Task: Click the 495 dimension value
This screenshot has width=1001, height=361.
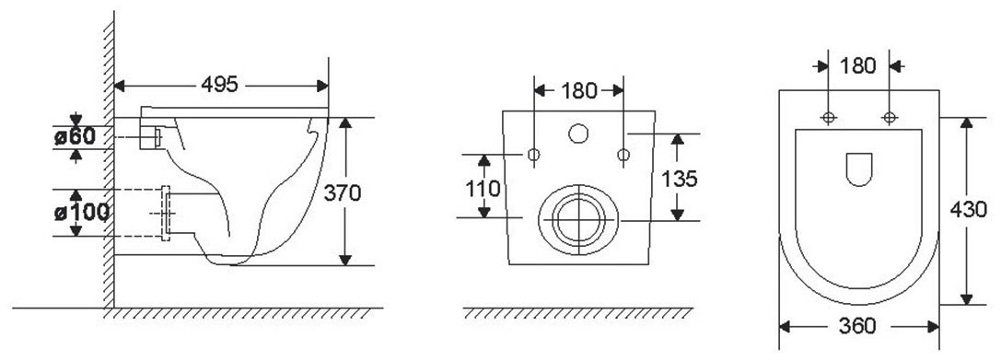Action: (219, 85)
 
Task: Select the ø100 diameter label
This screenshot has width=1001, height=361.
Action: (81, 212)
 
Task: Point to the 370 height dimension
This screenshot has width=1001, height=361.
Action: (343, 192)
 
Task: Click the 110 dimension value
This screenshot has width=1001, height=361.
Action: (483, 189)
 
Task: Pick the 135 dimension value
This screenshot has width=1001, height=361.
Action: (680, 179)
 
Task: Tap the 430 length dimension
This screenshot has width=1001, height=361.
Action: (968, 209)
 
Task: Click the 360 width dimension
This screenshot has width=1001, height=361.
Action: (856, 326)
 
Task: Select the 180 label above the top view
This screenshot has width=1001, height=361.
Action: (857, 65)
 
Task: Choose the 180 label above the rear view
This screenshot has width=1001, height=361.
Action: (579, 91)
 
